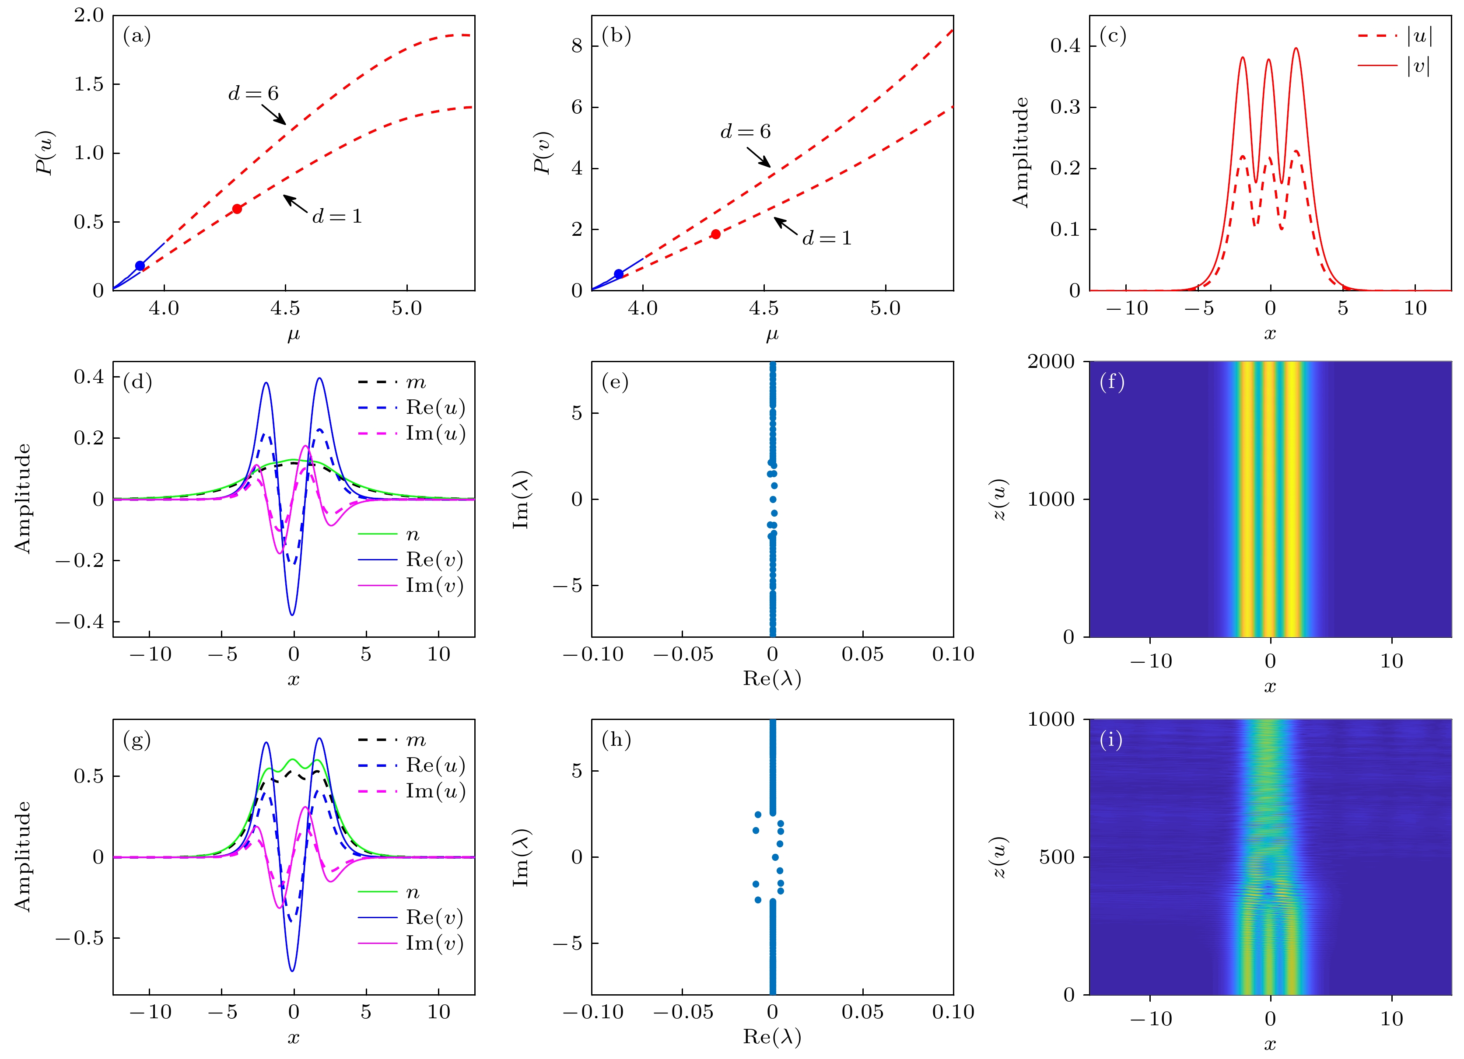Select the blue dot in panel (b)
(618, 274)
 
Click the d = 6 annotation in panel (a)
(254, 94)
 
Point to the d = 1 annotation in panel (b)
(827, 238)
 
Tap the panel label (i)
(1111, 740)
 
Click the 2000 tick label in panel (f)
(1051, 361)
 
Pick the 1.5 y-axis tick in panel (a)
(88, 84)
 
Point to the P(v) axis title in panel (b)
(543, 153)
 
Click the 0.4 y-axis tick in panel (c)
(1065, 46)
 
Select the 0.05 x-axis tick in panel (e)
(862, 654)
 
